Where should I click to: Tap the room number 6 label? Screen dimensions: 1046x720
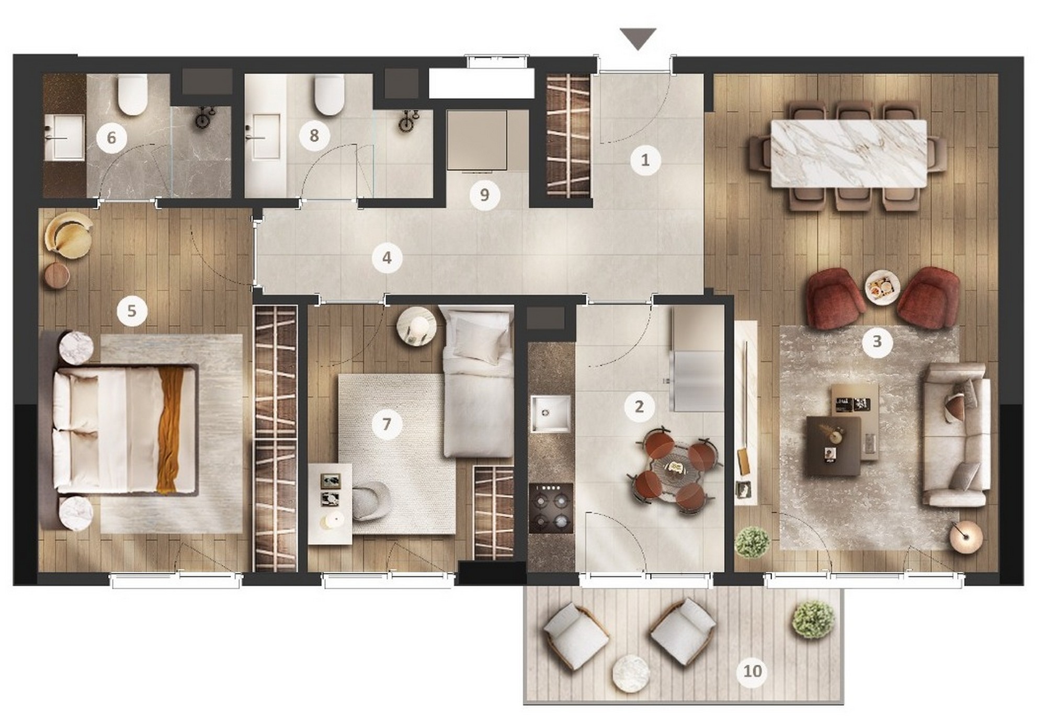point(111,138)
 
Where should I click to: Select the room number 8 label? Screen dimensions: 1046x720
point(314,136)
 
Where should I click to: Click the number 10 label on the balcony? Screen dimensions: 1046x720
point(753,671)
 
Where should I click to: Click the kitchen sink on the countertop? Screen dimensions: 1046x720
point(550,414)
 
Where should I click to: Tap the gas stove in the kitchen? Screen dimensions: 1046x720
point(551,508)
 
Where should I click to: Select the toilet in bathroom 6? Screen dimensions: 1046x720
point(132,94)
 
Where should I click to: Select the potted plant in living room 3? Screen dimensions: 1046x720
point(752,542)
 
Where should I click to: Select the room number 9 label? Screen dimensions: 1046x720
point(484,195)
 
